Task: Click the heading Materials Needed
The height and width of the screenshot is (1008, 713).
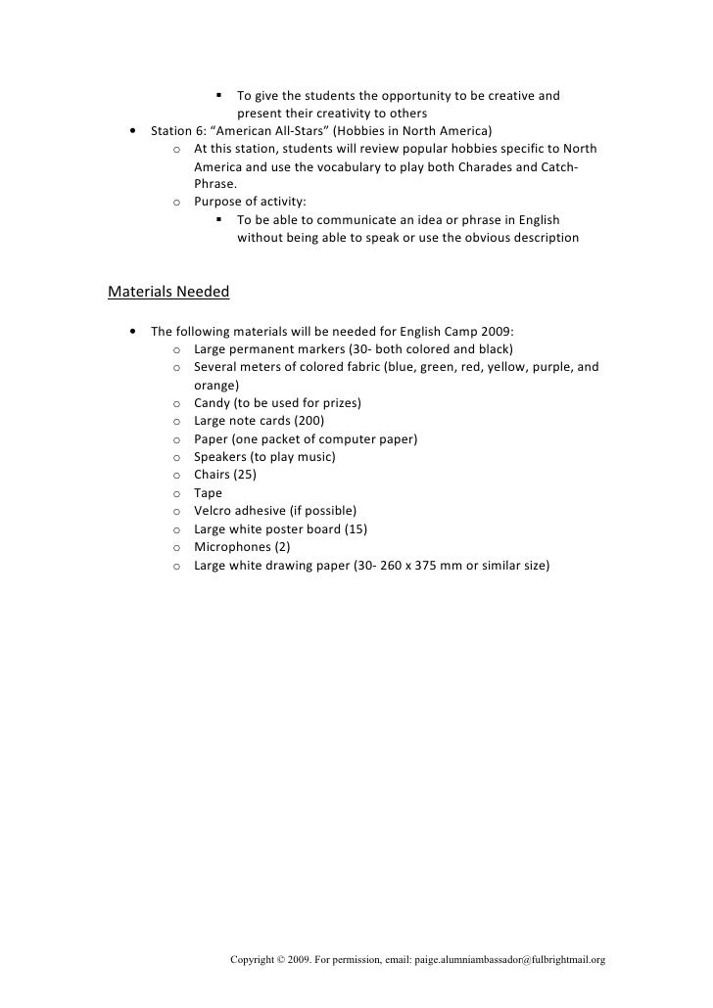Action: click(167, 292)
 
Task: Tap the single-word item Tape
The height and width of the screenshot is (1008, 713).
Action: click(208, 493)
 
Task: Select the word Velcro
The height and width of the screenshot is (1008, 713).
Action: click(215, 511)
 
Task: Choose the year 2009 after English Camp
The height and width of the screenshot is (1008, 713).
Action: click(510, 331)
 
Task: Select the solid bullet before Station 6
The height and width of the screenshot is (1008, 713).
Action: click(132, 131)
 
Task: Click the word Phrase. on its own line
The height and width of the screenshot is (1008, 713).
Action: click(215, 185)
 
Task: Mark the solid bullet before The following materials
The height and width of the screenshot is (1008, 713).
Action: click(132, 331)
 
